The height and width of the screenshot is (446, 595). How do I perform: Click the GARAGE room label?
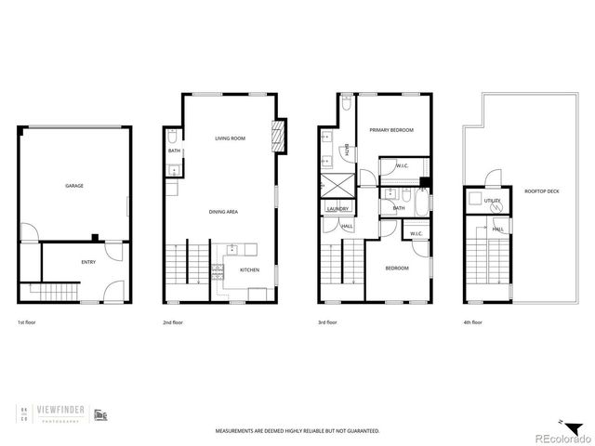pyautogui.click(x=74, y=186)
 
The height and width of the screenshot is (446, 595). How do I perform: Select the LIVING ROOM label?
pyautogui.click(x=230, y=138)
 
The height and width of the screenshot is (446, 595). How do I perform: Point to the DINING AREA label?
pyautogui.click(x=224, y=213)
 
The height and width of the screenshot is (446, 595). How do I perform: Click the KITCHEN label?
pyautogui.click(x=250, y=270)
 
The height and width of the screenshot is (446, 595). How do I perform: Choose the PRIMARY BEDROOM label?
pyautogui.click(x=390, y=130)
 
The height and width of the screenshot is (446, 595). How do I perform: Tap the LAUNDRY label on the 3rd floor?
pyautogui.click(x=337, y=209)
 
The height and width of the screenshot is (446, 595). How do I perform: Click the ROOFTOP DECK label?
pyautogui.click(x=540, y=192)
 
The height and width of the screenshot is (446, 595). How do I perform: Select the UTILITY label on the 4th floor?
pyautogui.click(x=492, y=200)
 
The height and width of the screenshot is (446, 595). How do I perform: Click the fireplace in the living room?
pyautogui.click(x=276, y=137)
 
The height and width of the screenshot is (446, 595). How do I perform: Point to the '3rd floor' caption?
pyautogui.click(x=326, y=322)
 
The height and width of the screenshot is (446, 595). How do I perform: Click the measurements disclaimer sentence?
pyautogui.click(x=297, y=431)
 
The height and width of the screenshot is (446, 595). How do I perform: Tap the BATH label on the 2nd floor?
pyautogui.click(x=174, y=151)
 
